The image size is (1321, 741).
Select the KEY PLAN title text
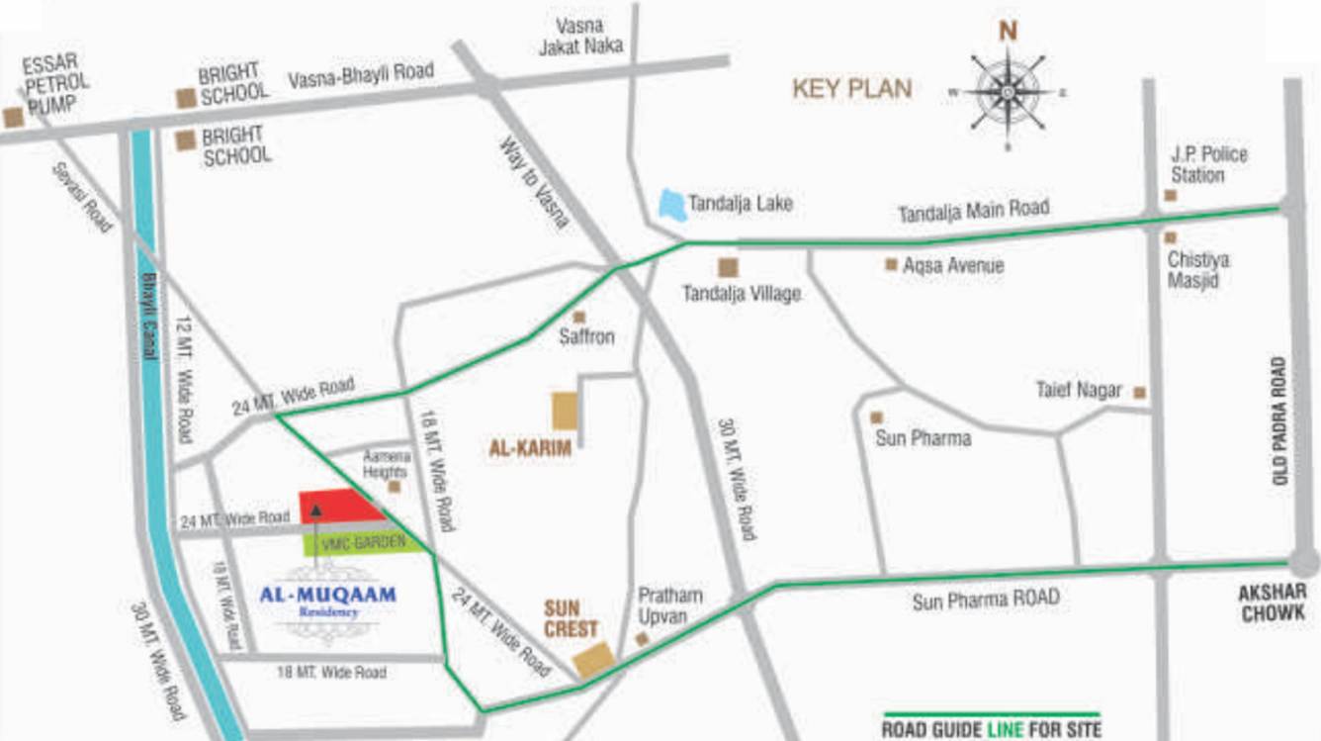tap(851, 88)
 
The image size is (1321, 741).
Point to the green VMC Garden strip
tap(363, 541)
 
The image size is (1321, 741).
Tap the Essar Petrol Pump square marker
tap(13, 118)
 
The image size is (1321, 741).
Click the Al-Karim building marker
tap(565, 411)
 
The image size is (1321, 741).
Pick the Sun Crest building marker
tap(594, 660)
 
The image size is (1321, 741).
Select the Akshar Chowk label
tap(1273, 602)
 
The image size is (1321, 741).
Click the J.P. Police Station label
tap(1209, 165)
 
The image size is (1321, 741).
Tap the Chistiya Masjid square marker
tap(1171, 237)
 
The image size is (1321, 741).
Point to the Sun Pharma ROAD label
tap(985, 600)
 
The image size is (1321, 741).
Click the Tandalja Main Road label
tap(973, 211)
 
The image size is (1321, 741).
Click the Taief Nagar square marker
tap(1140, 393)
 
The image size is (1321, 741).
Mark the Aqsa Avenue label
tap(953, 265)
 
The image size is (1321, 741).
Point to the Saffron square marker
tap(579, 318)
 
